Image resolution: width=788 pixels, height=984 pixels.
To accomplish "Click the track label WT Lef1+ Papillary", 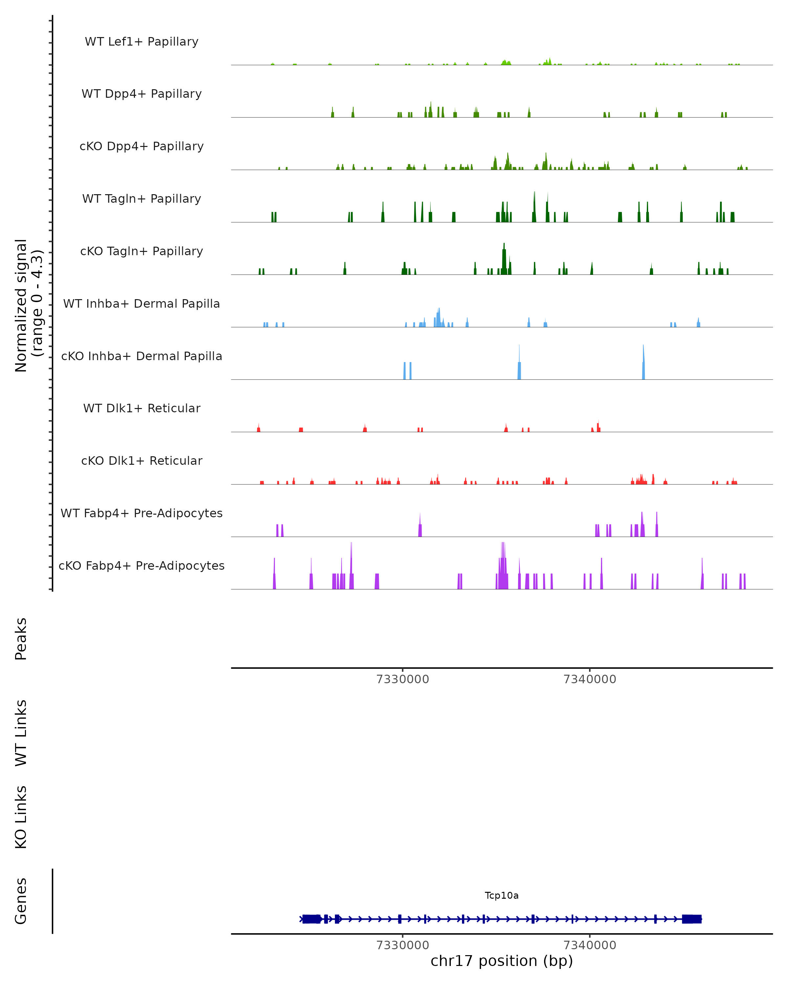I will tap(142, 42).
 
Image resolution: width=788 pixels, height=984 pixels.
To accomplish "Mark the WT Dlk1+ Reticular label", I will tap(142, 408).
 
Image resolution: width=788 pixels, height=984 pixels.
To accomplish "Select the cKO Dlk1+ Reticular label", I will tap(142, 461).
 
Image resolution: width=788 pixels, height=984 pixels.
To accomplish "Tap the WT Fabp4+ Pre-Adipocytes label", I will tap(142, 513).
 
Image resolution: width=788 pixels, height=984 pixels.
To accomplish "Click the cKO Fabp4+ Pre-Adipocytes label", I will tap(142, 565).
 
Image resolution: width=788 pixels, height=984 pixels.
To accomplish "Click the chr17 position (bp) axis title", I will tap(502, 961).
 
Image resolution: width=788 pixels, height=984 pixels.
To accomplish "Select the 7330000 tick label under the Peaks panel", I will tap(403, 679).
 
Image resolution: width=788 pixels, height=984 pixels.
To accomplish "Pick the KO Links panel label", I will tap(21, 817).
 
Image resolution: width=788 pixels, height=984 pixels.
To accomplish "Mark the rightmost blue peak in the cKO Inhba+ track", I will tap(643, 363).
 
